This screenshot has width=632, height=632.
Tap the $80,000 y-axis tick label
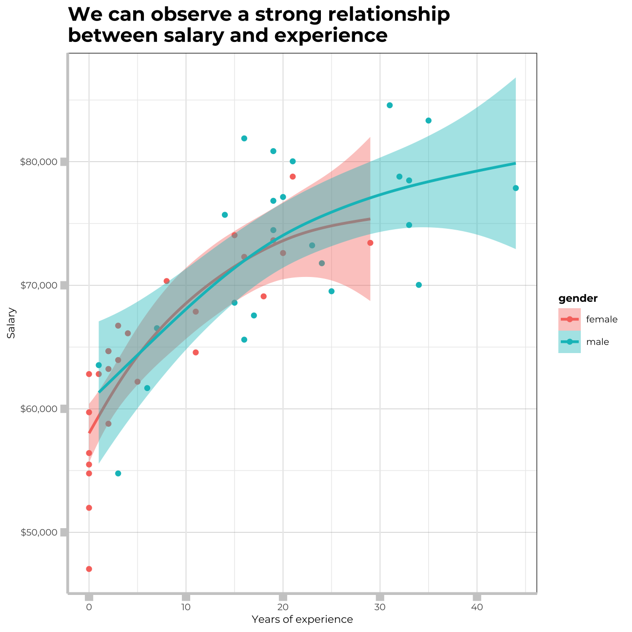tap(39, 161)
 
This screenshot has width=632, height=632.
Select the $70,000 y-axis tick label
tap(39, 285)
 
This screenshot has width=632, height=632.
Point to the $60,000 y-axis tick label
tap(39, 409)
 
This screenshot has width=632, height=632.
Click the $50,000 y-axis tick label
tap(39, 532)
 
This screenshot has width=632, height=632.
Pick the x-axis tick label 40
tap(477, 607)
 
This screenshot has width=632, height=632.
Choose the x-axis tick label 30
tap(380, 607)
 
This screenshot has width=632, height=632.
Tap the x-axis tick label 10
tap(186, 607)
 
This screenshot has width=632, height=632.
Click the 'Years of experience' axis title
tap(302, 620)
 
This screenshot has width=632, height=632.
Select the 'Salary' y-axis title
tap(11, 323)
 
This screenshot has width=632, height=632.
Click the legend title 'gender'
tap(578, 298)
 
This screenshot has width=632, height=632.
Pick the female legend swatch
tap(569, 319)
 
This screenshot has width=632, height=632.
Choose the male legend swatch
tap(569, 342)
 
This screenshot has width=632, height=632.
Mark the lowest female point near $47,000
tap(89, 569)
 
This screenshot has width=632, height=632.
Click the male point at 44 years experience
tap(515, 188)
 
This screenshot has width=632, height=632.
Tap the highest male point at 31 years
tap(390, 105)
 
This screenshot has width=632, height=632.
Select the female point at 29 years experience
tap(370, 243)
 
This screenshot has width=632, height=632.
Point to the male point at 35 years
tap(428, 120)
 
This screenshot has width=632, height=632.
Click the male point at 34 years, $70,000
tap(418, 285)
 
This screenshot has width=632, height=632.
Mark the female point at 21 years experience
tap(293, 177)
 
